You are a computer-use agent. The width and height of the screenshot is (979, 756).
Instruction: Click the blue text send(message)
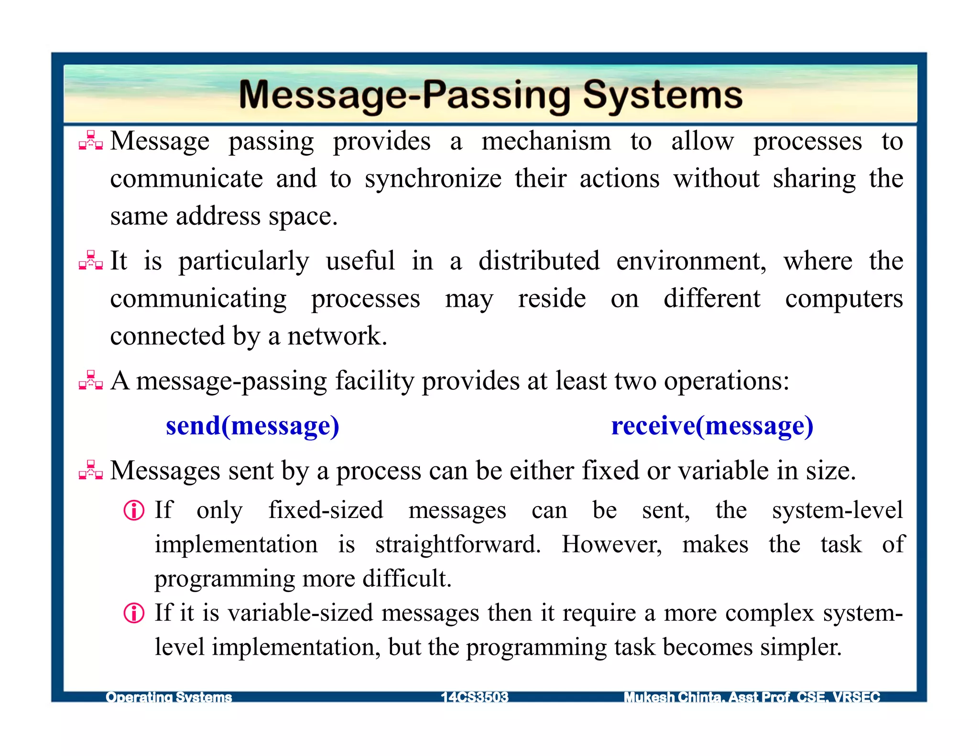pyautogui.click(x=252, y=426)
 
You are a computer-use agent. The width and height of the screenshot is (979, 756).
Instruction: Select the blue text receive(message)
pyautogui.click(x=712, y=426)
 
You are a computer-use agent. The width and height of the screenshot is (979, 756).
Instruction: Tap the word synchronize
pyautogui.click(x=433, y=179)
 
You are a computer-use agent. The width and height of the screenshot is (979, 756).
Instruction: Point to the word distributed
pyautogui.click(x=539, y=261)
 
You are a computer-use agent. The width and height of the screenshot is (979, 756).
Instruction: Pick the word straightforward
pyautogui.click(x=457, y=544)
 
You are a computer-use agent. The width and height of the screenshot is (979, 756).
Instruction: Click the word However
pyautogui.click(x=611, y=544)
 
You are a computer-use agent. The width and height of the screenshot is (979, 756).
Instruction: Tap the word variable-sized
pyautogui.click(x=300, y=613)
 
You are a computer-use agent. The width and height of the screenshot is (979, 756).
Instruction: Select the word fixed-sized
pyautogui.click(x=326, y=510)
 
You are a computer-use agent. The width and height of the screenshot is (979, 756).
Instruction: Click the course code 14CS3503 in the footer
pyautogui.click(x=474, y=697)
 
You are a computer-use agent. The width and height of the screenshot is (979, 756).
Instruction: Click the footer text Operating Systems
pyautogui.click(x=169, y=697)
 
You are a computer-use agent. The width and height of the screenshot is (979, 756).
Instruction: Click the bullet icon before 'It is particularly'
pyautogui.click(x=90, y=260)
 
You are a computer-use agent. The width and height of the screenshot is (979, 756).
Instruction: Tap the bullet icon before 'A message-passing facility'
pyautogui.click(x=90, y=380)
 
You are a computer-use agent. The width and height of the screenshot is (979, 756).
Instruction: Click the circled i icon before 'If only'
pyautogui.click(x=134, y=510)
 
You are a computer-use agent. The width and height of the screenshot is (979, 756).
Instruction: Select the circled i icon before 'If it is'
pyautogui.click(x=134, y=613)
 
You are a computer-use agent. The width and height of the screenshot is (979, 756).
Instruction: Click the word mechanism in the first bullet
pyautogui.click(x=546, y=141)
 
